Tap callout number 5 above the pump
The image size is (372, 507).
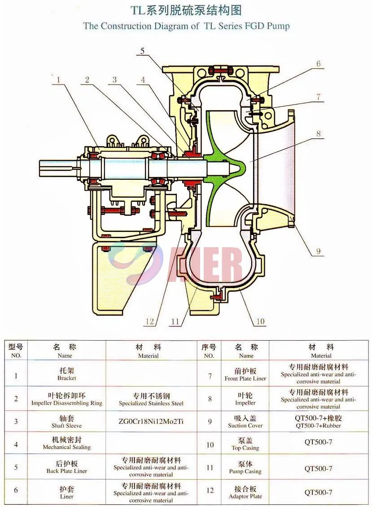pos(142,51)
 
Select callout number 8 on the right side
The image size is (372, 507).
pos(318,133)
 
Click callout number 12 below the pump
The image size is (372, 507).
pos(149,322)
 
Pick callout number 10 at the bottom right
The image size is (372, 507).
pos(260,322)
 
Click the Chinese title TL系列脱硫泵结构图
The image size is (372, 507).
pos(186,10)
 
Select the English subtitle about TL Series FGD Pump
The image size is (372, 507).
pos(186,26)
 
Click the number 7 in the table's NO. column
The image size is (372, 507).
pos(210,376)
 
